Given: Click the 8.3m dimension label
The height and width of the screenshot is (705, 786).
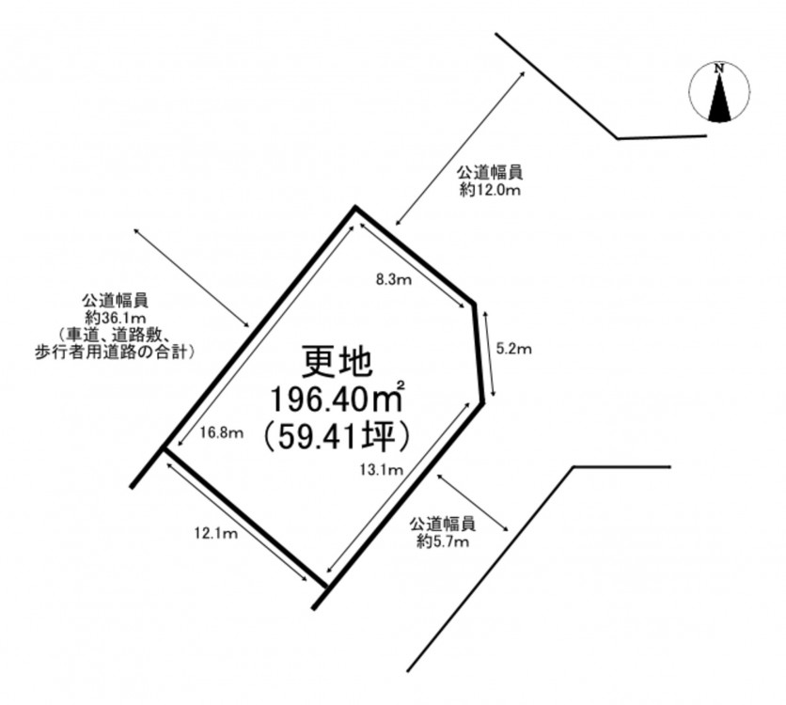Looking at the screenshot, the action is click(x=394, y=279).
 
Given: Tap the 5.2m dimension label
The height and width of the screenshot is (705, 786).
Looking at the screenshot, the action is click(x=513, y=348).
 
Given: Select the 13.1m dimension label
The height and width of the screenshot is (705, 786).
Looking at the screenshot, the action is click(x=382, y=469).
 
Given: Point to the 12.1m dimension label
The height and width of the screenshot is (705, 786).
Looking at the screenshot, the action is click(x=216, y=534).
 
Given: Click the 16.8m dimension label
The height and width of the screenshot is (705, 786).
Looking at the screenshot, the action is click(x=222, y=432).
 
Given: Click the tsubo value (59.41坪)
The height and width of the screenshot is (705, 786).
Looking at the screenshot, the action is click(x=337, y=439).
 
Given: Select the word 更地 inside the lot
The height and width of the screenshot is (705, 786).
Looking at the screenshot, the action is click(x=337, y=362).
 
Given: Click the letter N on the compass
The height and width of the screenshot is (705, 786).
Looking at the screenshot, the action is click(x=719, y=68).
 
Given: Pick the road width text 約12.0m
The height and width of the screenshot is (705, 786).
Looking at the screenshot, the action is click(x=490, y=191).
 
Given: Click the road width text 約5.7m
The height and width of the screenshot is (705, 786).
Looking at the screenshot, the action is click(x=443, y=541).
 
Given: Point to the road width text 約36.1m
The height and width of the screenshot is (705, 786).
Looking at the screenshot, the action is click(x=116, y=318).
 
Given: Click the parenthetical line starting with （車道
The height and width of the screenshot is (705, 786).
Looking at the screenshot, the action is click(x=116, y=335).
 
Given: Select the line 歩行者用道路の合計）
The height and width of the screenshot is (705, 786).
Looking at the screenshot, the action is click(x=115, y=352).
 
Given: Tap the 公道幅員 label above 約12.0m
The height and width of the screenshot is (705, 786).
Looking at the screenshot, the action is click(x=490, y=173).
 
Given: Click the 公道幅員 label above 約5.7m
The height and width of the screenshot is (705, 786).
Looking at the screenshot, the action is click(x=443, y=525).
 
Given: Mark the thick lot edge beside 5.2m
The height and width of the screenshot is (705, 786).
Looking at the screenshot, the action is click(x=478, y=352).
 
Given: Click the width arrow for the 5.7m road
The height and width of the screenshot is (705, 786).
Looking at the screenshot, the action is click(x=474, y=502).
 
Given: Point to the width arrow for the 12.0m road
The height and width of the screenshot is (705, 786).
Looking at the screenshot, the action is click(x=460, y=149).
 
